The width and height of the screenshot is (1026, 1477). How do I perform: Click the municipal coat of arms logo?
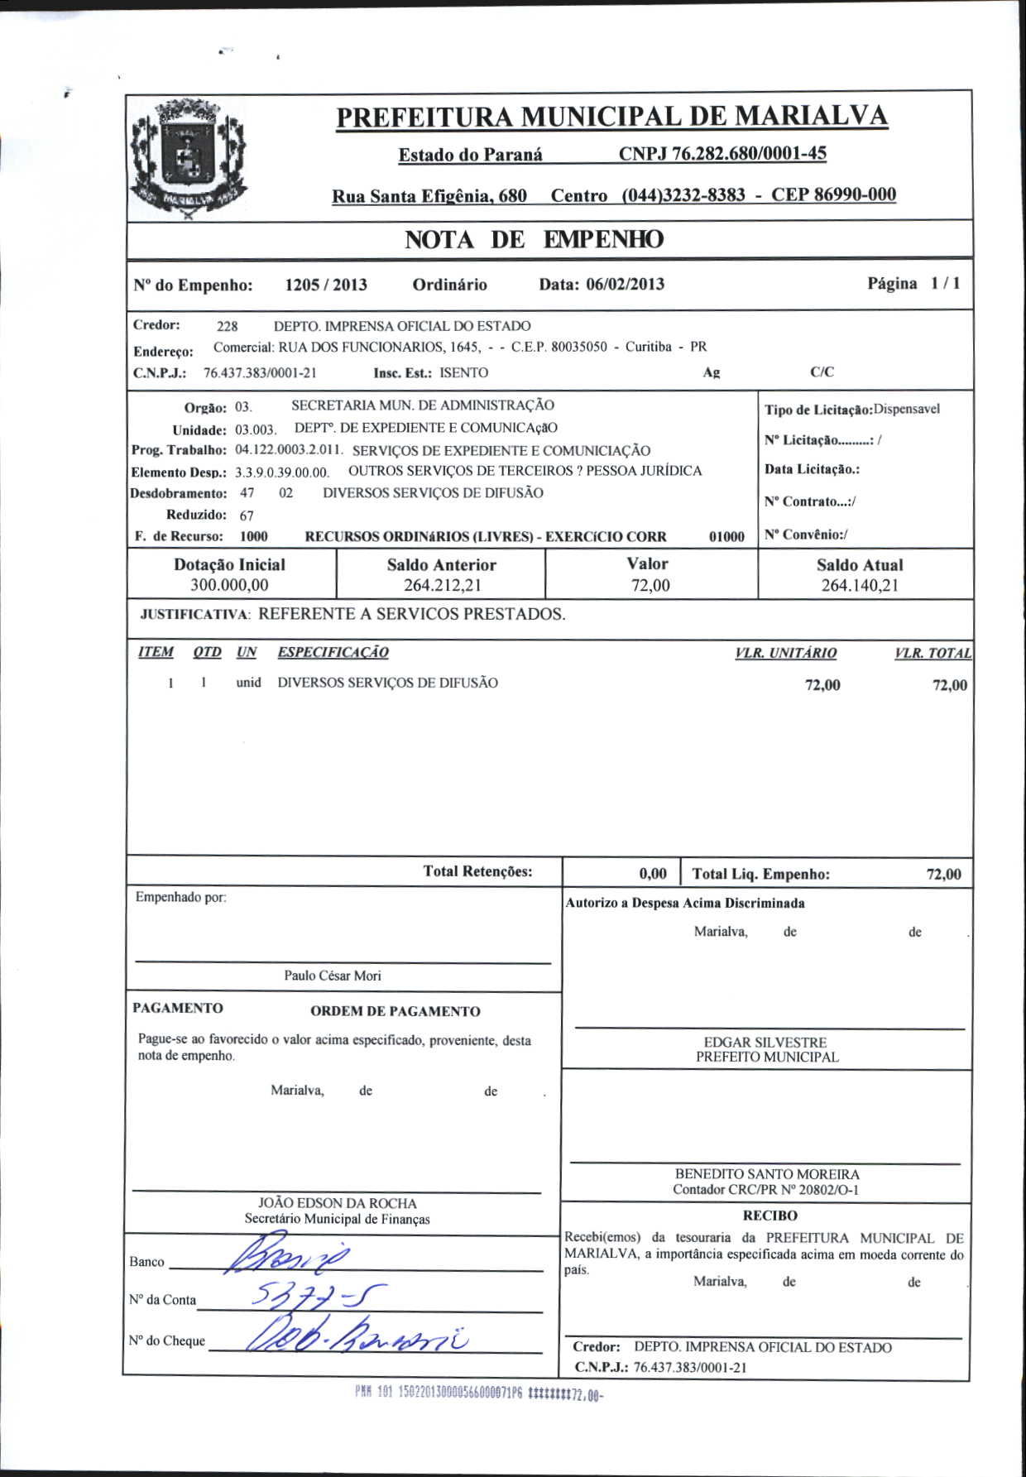(189, 159)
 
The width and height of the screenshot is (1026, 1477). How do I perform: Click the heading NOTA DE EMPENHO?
(534, 240)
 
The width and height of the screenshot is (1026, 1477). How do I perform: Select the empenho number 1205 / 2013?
(325, 285)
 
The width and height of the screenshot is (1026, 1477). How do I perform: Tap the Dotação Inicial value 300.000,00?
(229, 586)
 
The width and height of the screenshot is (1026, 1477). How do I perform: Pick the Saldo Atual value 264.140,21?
(859, 586)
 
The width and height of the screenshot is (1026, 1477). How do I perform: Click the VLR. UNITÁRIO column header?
(785, 653)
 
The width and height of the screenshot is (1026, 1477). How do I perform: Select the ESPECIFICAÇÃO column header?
(333, 652)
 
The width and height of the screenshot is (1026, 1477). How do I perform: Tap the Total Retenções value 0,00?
(652, 874)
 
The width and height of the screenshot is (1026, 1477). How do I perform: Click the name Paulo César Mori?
(333, 976)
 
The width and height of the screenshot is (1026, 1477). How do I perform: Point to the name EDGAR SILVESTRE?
(765, 1043)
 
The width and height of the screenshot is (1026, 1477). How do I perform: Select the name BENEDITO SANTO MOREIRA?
(766, 1174)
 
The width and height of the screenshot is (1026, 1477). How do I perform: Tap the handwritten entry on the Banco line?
(290, 1258)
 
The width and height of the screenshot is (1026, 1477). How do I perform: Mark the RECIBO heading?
(769, 1216)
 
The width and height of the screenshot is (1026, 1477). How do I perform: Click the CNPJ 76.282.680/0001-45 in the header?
(722, 154)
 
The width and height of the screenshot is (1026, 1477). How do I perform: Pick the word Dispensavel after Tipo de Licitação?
(907, 410)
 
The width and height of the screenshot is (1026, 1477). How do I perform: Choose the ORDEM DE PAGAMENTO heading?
(395, 1011)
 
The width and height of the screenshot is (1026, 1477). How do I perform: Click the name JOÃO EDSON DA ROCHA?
(337, 1203)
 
